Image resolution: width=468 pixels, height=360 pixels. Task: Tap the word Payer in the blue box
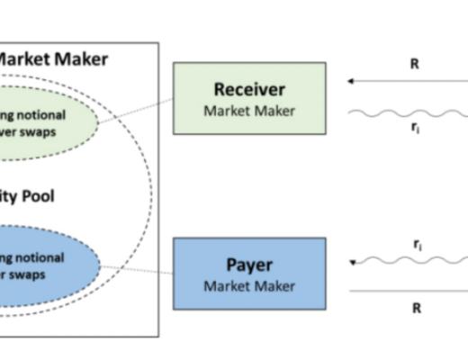(x=248, y=265)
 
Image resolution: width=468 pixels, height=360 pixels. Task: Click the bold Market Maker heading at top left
(x=51, y=59)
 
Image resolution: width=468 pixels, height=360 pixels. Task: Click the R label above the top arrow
(x=416, y=64)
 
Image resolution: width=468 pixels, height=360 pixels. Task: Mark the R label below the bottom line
(x=416, y=307)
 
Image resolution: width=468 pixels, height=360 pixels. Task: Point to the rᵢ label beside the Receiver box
(x=416, y=128)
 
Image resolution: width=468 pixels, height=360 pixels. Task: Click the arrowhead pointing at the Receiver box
(x=350, y=81)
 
